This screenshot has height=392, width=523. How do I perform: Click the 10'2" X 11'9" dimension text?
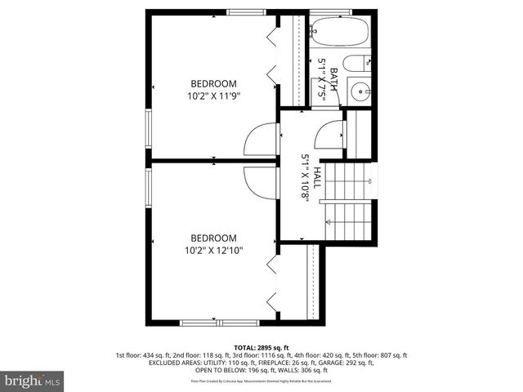213,95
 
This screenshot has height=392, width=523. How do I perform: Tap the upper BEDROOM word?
213,83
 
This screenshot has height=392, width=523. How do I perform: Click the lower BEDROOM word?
213,238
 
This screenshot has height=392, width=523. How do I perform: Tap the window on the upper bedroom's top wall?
240,11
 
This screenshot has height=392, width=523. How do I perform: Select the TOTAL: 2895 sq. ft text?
261,347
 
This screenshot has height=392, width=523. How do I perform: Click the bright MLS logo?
33,381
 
